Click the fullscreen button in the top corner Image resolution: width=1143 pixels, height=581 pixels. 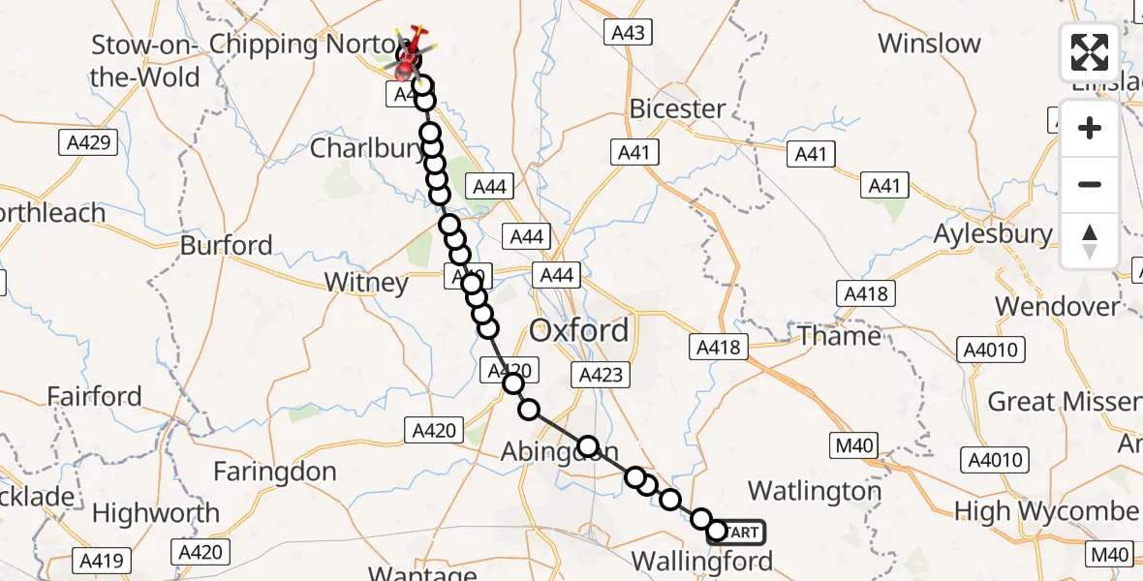click(x=1090, y=52)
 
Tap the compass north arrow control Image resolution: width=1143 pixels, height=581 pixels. click(x=1090, y=240)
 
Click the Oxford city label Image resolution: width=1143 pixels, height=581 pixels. click(x=578, y=331)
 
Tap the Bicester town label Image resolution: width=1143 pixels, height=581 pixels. click(x=677, y=108)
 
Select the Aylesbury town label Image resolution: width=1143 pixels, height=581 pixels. click(x=992, y=234)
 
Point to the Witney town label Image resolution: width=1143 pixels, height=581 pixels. click(x=365, y=283)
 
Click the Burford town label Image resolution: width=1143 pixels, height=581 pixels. click(x=227, y=245)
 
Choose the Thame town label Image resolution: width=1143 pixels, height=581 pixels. click(x=839, y=336)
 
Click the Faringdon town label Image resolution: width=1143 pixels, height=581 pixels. click(x=274, y=473)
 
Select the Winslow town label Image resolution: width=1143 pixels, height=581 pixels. click(x=929, y=44)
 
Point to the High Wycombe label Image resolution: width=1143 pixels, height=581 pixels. click(x=1047, y=510)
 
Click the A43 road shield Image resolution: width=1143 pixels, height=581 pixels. click(x=628, y=32)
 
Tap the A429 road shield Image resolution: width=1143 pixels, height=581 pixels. click(x=87, y=143)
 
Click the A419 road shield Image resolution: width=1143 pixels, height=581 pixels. click(x=101, y=559)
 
